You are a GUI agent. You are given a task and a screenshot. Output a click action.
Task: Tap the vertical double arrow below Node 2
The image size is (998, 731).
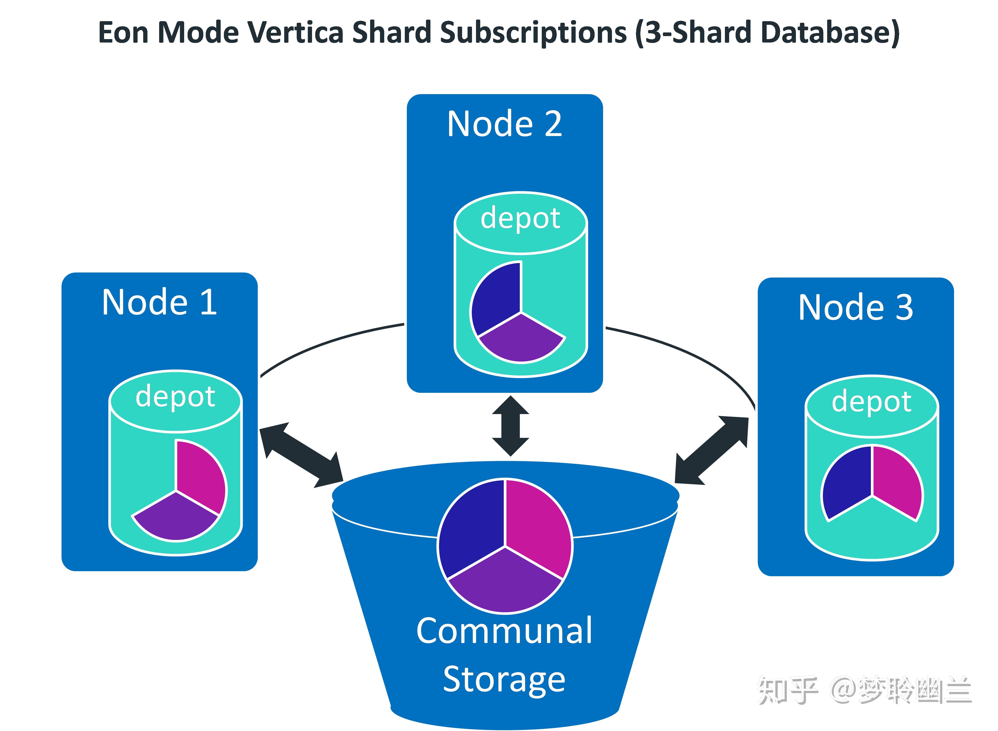point(510,426)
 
